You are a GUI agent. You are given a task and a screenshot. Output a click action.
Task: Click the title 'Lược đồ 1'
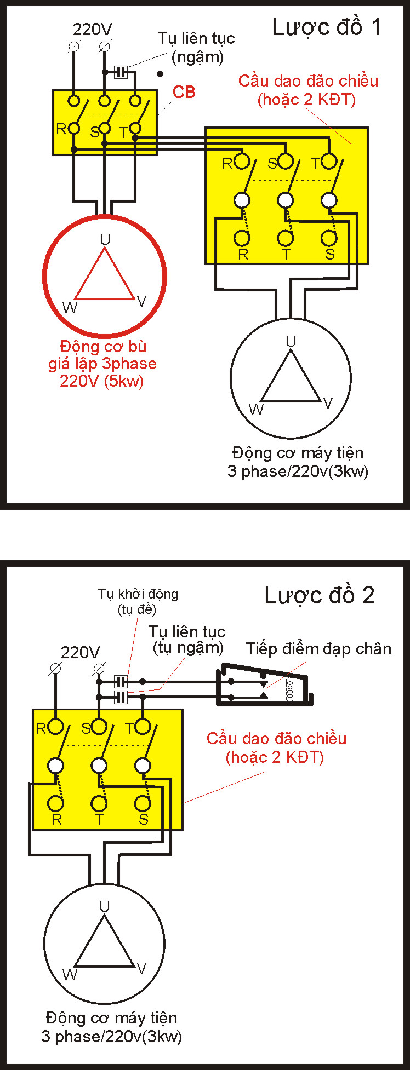(x=326, y=27)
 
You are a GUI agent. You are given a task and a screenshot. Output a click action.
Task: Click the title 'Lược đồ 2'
(x=320, y=595)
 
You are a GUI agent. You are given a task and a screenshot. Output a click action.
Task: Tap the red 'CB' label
(x=184, y=92)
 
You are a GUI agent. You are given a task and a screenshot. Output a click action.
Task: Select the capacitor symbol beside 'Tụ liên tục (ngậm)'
(x=121, y=72)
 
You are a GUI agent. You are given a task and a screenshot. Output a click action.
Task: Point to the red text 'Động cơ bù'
(x=104, y=347)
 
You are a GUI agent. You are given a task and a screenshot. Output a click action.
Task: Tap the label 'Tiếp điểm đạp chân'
(x=318, y=649)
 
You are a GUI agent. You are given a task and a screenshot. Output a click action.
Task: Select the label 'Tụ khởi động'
(x=138, y=594)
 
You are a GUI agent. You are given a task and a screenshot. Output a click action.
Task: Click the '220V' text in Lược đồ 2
(x=81, y=652)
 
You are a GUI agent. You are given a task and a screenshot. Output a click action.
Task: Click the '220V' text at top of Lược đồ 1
(x=93, y=29)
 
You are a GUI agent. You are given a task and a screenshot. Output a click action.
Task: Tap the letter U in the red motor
(x=105, y=239)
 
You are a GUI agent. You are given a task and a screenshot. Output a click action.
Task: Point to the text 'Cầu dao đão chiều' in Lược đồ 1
(x=308, y=81)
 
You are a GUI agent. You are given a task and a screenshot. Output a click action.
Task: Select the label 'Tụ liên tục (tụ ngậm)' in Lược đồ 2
(x=188, y=640)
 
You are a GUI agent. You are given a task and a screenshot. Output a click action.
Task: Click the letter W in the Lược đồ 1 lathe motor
(x=256, y=410)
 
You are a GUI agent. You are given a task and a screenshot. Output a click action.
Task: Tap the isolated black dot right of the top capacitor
(x=160, y=73)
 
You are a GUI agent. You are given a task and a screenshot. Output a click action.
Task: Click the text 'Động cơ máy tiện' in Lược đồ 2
(x=112, y=1018)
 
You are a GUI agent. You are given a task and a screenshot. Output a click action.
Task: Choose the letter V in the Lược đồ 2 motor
(x=142, y=969)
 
